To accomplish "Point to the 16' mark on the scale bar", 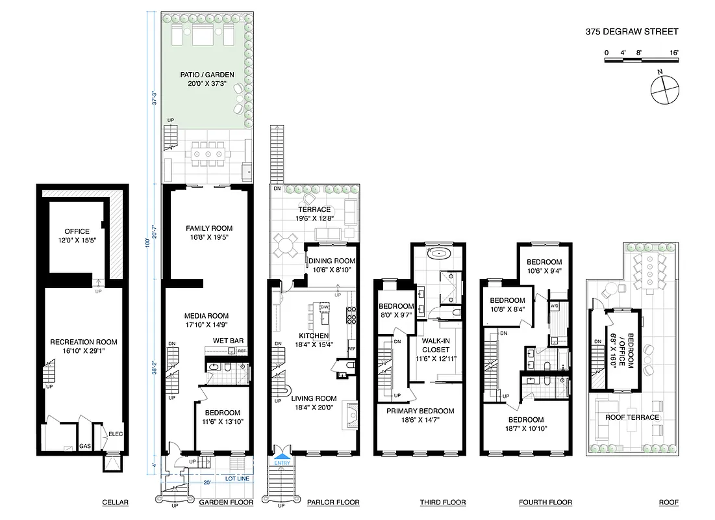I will tap(673, 52).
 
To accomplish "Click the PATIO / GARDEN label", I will tap(207, 75).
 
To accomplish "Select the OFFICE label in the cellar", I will tap(77, 232).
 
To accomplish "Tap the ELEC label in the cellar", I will tap(116, 434).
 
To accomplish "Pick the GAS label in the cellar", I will tap(84, 447).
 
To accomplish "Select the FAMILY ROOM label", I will tap(208, 229).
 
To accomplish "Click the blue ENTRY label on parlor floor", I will tap(282, 462).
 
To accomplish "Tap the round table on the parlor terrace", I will tap(285, 246).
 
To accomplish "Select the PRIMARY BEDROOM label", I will tap(420, 411).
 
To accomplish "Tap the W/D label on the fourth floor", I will tap(555, 305).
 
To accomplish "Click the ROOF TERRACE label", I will tap(632, 417).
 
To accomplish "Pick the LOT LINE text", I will tap(238, 479).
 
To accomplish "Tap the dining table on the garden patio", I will tap(207, 155).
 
